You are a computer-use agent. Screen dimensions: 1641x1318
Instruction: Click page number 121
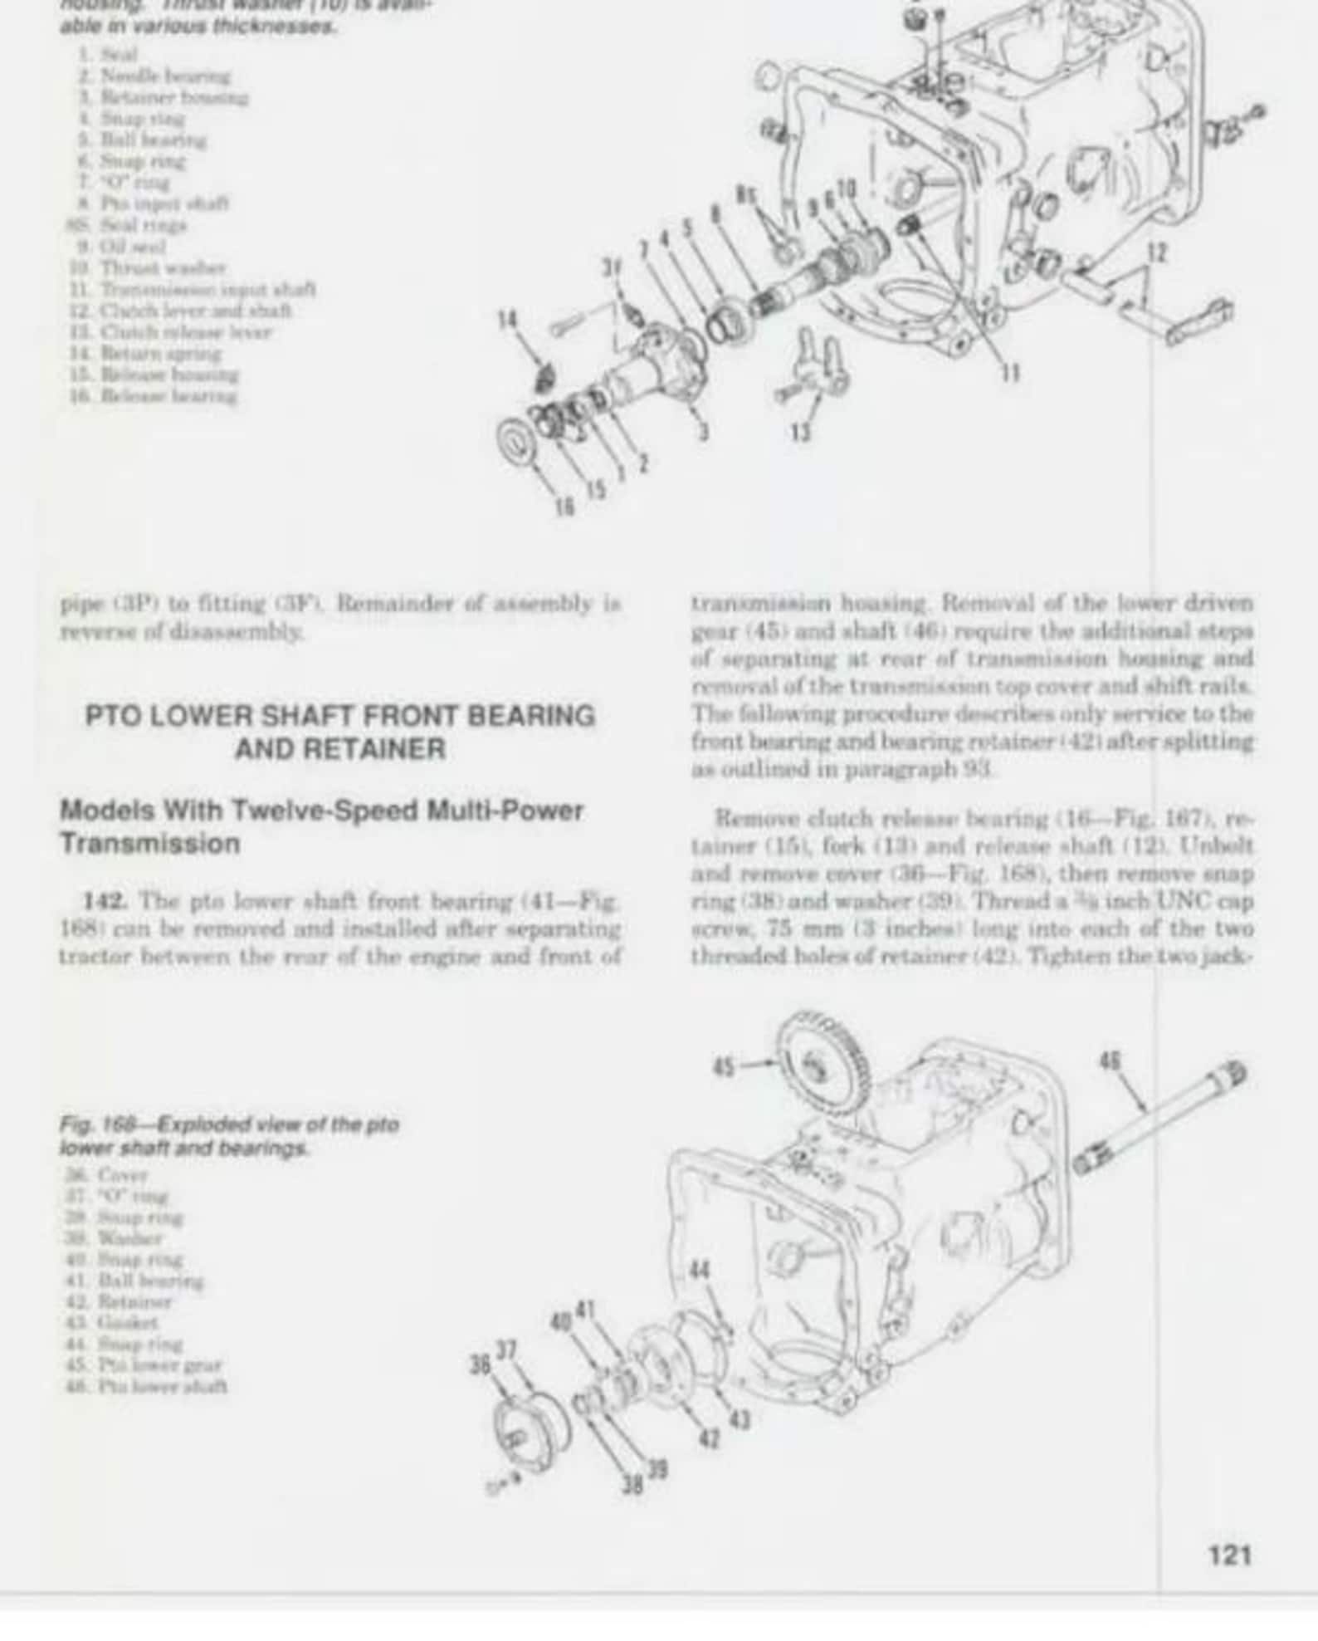[x=1229, y=1554]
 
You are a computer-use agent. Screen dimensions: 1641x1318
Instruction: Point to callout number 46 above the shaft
[x=1109, y=1061]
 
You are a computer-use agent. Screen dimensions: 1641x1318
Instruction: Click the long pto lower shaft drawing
[x=1162, y=1117]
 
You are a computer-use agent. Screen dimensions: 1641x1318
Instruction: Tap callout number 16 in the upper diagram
[x=564, y=507]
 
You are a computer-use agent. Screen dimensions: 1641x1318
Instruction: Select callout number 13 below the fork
[x=800, y=432]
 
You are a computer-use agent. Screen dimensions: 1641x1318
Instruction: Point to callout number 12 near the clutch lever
[x=1157, y=253]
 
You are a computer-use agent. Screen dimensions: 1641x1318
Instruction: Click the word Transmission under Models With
[x=149, y=844]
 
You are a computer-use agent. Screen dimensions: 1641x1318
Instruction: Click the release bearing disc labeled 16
[x=521, y=443]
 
